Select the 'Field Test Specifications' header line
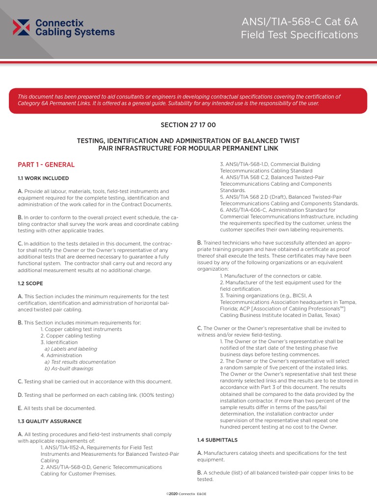[299, 35]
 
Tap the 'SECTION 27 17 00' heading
[188, 125]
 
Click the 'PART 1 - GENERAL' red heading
[46, 165]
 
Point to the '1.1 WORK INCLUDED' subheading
[43, 178]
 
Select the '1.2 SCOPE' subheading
[30, 283]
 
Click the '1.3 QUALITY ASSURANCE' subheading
[50, 421]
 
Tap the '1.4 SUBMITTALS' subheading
[217, 440]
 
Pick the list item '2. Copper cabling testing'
[70, 335]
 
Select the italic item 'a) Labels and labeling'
[71, 349]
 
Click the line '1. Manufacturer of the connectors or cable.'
[272, 276]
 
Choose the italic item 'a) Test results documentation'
[80, 362]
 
